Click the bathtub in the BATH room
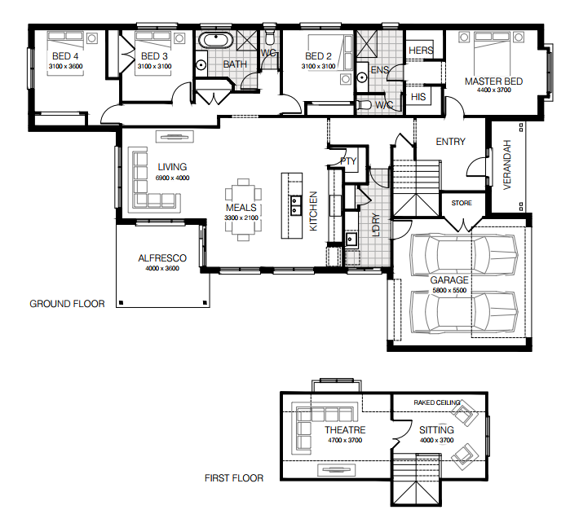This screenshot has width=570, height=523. (x=216, y=40)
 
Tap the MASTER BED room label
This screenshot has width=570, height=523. (x=493, y=81)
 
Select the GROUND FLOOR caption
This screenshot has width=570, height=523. (x=67, y=304)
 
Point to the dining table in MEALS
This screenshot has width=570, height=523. (x=243, y=209)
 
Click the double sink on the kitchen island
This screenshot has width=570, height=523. (x=295, y=205)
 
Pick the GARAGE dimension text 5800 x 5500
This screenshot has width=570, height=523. (x=449, y=290)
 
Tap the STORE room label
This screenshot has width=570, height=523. (x=462, y=203)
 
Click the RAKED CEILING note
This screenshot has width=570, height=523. (x=437, y=402)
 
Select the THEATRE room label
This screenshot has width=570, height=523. (x=345, y=430)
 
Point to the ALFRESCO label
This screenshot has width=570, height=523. (x=162, y=258)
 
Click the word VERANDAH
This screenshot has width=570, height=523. (x=507, y=165)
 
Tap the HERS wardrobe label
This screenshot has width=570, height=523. (x=421, y=51)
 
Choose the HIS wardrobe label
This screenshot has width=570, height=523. (x=418, y=97)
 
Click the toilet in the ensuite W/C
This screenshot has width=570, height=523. (x=365, y=105)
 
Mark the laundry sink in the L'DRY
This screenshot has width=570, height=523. (x=351, y=240)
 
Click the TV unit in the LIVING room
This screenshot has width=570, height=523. (x=175, y=137)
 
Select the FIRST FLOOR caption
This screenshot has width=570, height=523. (x=234, y=478)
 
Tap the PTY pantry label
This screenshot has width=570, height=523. (x=348, y=161)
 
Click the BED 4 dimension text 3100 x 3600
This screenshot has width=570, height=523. (x=66, y=66)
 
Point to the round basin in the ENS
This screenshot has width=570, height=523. (x=362, y=77)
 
